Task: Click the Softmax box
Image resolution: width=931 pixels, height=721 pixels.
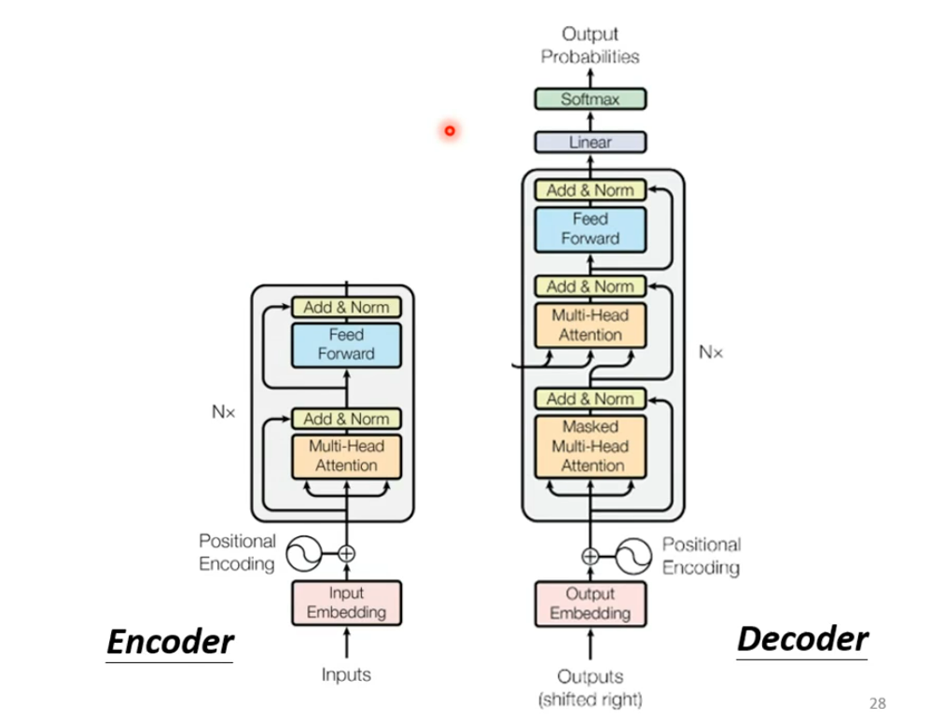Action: (x=591, y=99)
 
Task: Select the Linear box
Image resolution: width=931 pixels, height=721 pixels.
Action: (x=591, y=142)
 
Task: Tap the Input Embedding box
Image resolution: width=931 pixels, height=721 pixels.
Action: (x=347, y=603)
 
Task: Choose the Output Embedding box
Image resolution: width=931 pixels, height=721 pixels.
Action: (x=591, y=604)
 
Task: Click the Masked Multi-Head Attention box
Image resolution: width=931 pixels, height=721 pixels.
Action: (x=591, y=447)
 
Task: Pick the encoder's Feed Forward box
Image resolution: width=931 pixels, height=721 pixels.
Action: (x=347, y=345)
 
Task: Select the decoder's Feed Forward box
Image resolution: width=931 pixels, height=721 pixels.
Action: (x=591, y=229)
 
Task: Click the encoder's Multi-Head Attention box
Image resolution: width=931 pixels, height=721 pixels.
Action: (x=347, y=456)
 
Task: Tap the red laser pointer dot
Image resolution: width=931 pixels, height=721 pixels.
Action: (x=450, y=131)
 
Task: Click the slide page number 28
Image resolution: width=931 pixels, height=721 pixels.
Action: (x=878, y=704)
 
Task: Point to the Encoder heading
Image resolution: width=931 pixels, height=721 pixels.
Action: (x=171, y=642)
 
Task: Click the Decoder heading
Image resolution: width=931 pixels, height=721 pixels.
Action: (x=802, y=639)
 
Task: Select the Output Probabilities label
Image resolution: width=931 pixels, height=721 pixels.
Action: (x=591, y=45)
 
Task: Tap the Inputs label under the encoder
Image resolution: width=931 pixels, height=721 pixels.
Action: (x=346, y=674)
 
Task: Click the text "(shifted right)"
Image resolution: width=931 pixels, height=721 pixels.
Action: (x=591, y=700)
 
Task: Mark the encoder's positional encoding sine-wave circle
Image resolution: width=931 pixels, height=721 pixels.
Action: (x=304, y=553)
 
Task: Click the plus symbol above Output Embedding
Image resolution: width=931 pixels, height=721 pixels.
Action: (x=591, y=557)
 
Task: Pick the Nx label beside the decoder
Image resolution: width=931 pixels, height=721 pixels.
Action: (x=711, y=353)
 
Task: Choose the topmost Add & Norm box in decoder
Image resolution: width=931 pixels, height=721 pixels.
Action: (x=591, y=190)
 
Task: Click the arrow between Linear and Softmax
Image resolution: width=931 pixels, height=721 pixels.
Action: (x=591, y=120)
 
